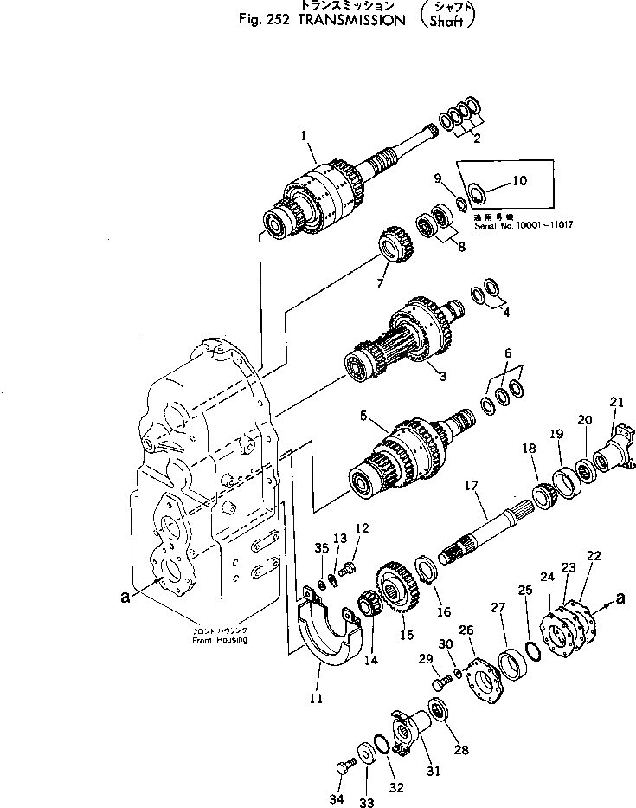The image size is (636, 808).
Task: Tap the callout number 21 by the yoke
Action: pos(616,402)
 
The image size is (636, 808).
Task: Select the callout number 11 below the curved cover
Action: pos(317,697)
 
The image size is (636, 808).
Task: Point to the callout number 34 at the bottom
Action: pos(336,798)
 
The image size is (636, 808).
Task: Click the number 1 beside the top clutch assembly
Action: pos(304,135)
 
